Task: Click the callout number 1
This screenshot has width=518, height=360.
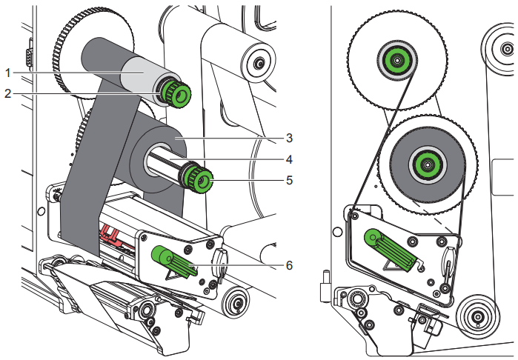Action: tap(9, 73)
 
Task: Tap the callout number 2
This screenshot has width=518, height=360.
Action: tap(9, 93)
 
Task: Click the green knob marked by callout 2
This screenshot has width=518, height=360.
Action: tap(177, 93)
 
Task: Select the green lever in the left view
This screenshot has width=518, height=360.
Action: tap(174, 261)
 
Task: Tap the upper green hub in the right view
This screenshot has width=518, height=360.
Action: tap(396, 59)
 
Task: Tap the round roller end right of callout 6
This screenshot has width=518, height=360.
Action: tap(237, 301)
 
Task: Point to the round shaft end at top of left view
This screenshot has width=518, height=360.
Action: tap(256, 63)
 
